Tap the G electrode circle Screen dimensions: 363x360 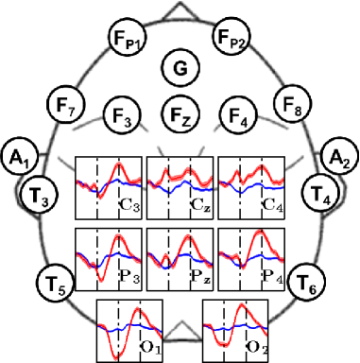coord(180,67)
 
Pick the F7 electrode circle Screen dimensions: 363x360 coord(65,109)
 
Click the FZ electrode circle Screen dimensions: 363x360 coord(180,115)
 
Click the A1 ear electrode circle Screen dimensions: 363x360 coord(17,155)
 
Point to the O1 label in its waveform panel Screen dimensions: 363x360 coord(151,347)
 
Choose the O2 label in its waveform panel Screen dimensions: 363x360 coord(257,347)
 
